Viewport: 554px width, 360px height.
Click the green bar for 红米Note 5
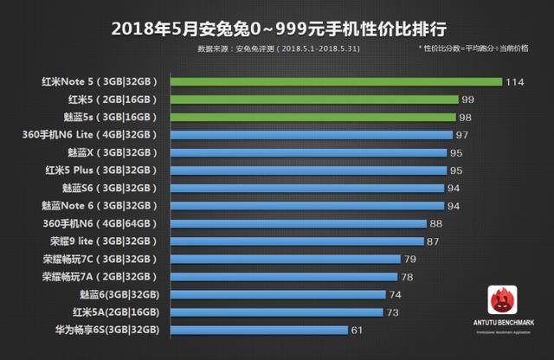(x=336, y=82)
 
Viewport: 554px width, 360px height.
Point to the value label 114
(x=516, y=82)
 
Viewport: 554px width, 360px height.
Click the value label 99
(x=467, y=100)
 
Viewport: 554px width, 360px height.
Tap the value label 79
(x=411, y=259)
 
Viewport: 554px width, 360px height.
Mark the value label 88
(x=435, y=223)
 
